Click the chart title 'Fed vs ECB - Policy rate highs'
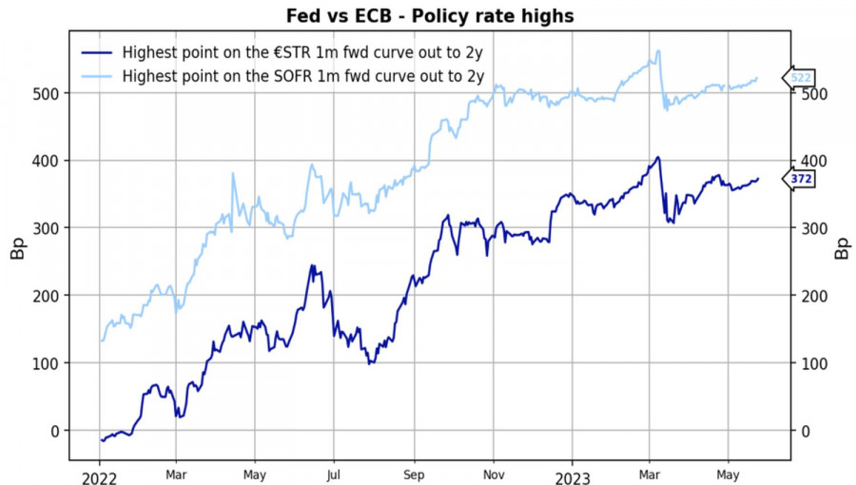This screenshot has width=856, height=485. [430, 17]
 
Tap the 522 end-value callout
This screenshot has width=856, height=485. [801, 77]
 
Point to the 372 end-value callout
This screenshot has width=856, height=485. [801, 179]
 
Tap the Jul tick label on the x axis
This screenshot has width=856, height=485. [334, 473]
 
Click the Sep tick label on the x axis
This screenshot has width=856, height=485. [414, 473]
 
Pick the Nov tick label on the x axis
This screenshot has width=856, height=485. [494, 473]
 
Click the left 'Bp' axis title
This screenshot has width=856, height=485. [17, 250]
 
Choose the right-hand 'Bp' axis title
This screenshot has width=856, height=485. [842, 250]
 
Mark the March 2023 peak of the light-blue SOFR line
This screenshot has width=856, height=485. [658, 51]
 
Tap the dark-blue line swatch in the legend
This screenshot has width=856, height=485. [99, 53]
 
